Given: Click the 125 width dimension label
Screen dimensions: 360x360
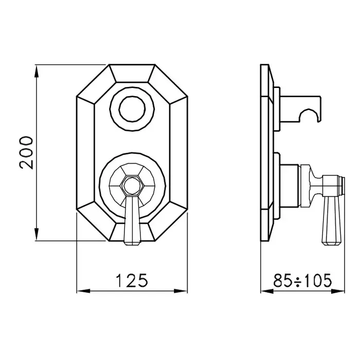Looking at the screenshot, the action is tap(132, 280).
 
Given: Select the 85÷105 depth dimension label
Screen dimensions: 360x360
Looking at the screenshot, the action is tap(302, 280).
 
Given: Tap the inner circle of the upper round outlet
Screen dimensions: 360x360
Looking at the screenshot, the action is tap(132, 109).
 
